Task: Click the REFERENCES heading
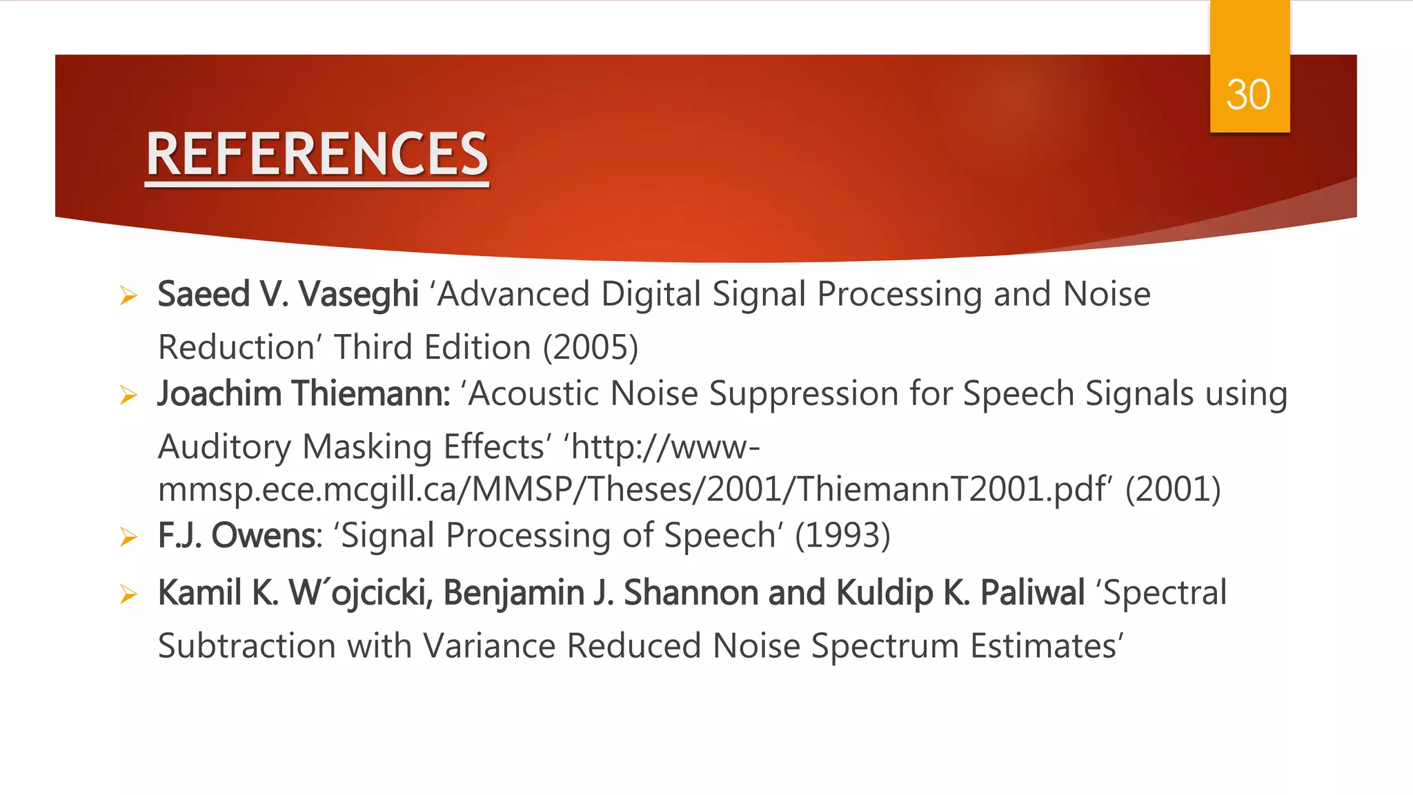click(x=317, y=155)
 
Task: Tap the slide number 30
click(x=1248, y=95)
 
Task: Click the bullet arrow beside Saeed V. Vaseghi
click(x=128, y=295)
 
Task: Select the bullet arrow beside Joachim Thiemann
click(x=128, y=395)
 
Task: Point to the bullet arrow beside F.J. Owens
click(x=128, y=536)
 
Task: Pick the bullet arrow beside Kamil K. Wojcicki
click(x=128, y=593)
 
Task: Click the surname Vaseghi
click(x=359, y=295)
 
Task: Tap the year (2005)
click(x=591, y=347)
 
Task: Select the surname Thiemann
click(x=370, y=394)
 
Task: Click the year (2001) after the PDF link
click(x=1173, y=489)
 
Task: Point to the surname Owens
click(x=266, y=536)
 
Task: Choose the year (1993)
click(x=842, y=536)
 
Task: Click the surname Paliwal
click(x=1032, y=593)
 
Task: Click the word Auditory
click(x=225, y=447)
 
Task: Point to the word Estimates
click(x=1045, y=647)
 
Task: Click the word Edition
click(x=477, y=347)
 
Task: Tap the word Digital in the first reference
click(x=651, y=295)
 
